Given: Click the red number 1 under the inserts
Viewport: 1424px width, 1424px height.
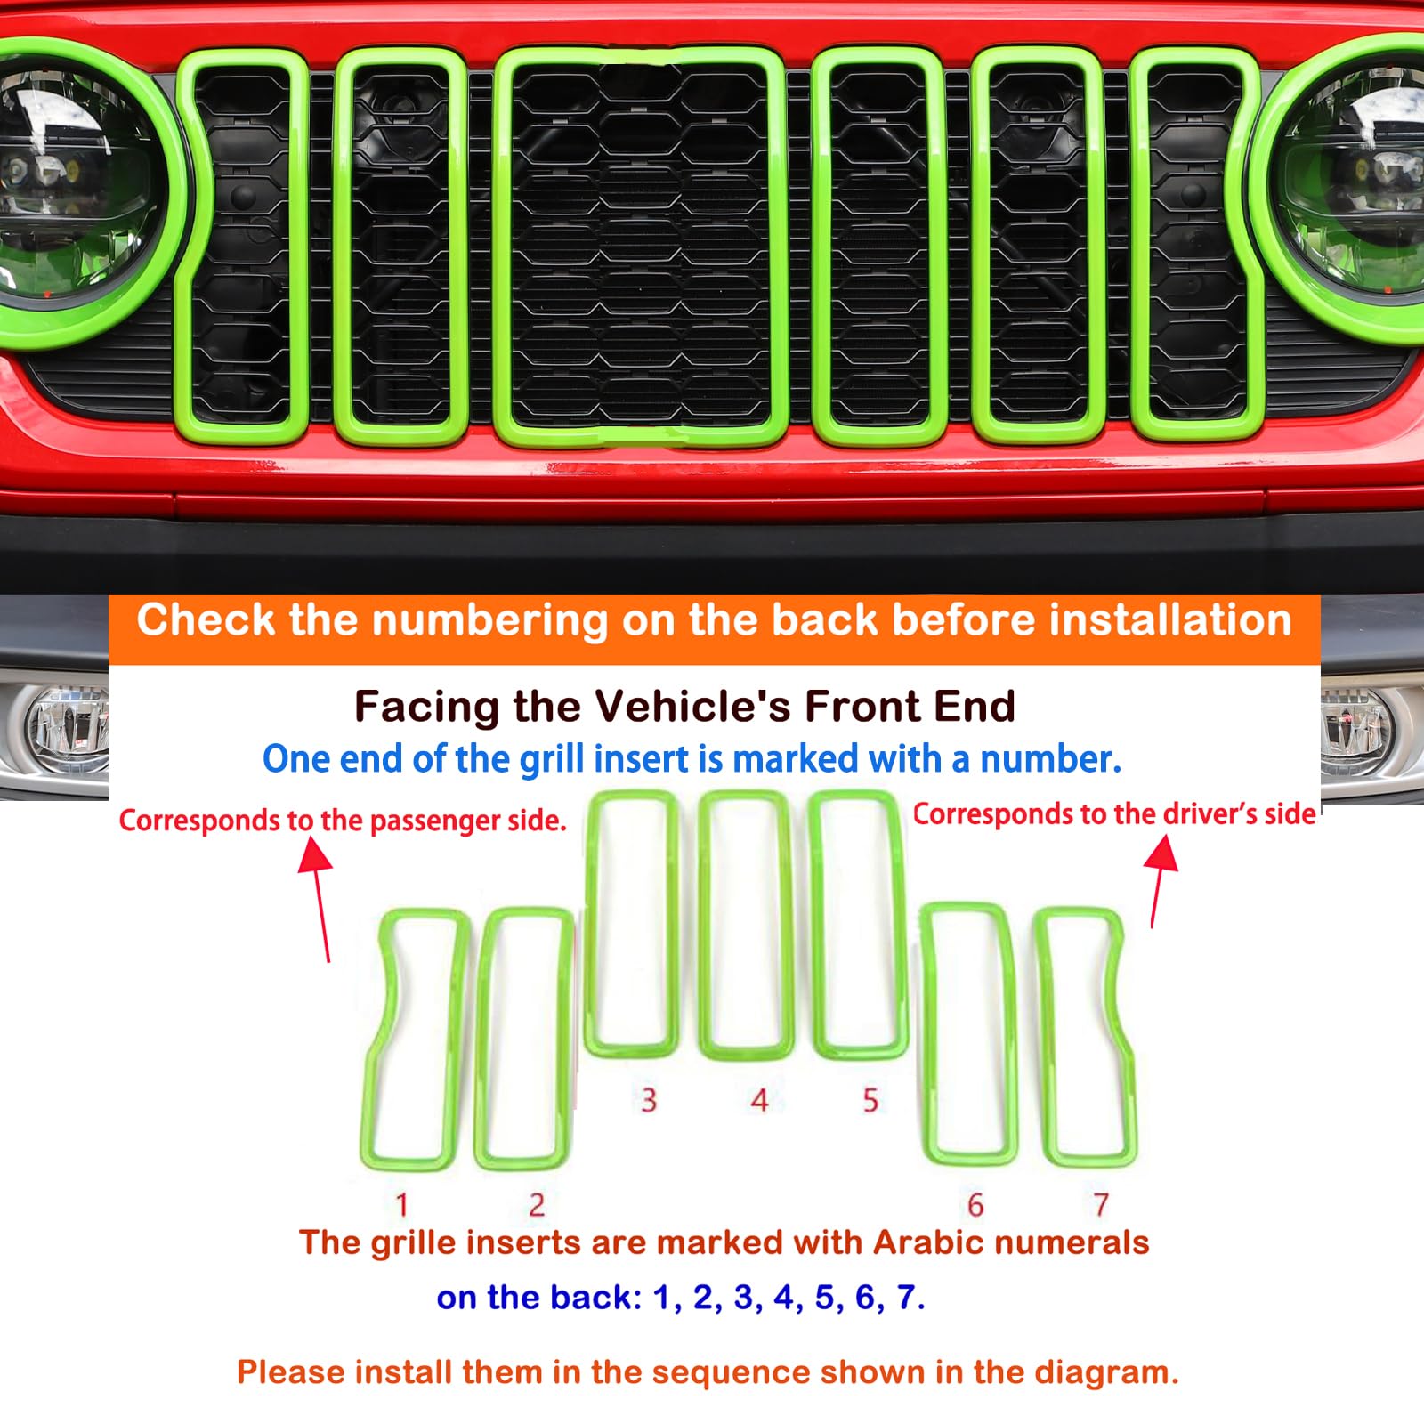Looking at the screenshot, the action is click(x=402, y=1204).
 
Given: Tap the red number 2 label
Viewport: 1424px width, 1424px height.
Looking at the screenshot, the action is click(x=537, y=1204).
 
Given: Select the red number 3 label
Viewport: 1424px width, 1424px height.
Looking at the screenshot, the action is click(x=649, y=1100).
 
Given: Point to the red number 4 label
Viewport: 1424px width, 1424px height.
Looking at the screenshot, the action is click(x=759, y=1100).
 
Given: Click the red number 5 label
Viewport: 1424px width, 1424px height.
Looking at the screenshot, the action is click(x=870, y=1100).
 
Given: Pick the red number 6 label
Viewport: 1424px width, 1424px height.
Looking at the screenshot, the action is click(x=975, y=1204).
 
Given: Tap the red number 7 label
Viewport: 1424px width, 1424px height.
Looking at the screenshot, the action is click(x=1101, y=1204).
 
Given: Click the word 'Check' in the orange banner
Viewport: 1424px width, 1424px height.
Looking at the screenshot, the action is click(x=206, y=619).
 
